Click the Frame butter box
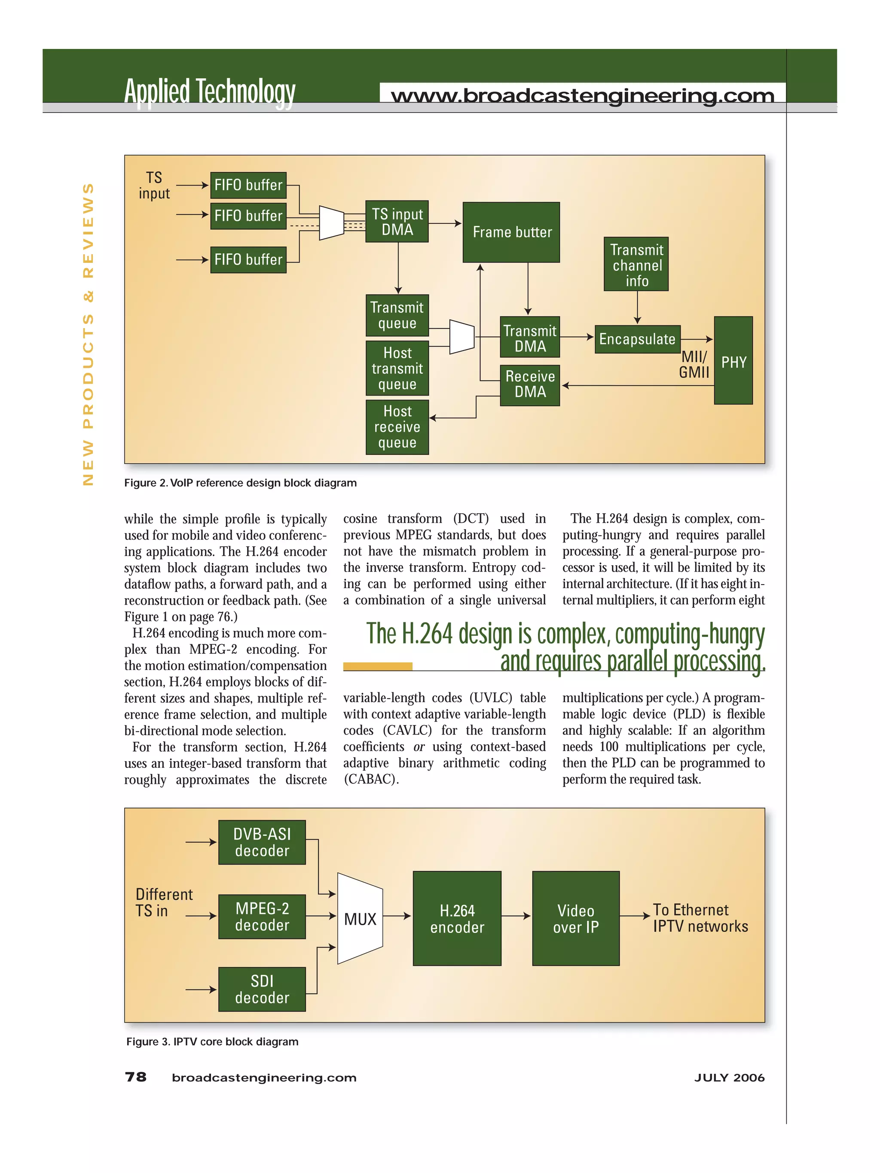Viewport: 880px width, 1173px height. (x=511, y=232)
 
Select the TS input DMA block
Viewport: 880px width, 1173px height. (x=397, y=222)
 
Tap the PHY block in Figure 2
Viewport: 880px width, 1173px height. (x=733, y=361)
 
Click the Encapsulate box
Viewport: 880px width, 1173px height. (x=637, y=339)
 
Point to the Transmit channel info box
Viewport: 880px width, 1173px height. (x=636, y=264)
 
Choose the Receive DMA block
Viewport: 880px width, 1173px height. (x=529, y=384)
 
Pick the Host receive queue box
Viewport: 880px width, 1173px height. (x=397, y=427)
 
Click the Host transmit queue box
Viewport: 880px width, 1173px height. (x=397, y=369)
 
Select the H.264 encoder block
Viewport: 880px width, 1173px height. (x=457, y=918)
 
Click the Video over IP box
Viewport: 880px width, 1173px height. (x=575, y=918)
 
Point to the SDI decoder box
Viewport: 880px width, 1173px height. (x=262, y=989)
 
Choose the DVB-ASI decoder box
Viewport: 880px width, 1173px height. (x=262, y=842)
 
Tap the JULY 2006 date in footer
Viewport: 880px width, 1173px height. (x=729, y=1078)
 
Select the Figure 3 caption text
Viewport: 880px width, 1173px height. (x=212, y=1042)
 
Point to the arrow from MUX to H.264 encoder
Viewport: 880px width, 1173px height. (x=397, y=916)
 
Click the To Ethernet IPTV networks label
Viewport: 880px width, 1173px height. (x=700, y=918)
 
